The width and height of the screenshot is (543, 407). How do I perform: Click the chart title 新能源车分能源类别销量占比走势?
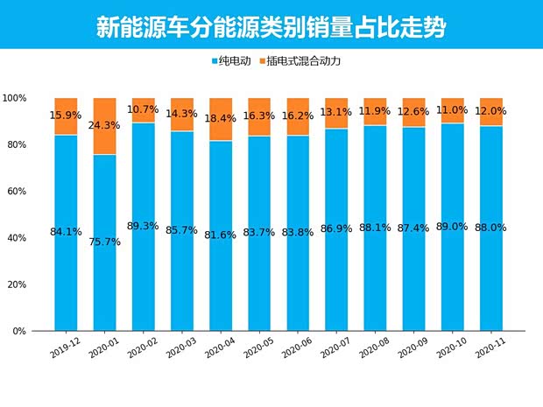(271, 27)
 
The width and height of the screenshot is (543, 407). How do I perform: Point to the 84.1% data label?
(66, 232)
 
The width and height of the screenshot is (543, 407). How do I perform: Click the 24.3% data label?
(104, 125)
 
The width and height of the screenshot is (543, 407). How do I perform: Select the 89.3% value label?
(143, 226)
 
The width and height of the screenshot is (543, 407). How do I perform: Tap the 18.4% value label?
(221, 117)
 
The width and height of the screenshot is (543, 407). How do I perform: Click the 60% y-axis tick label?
(18, 192)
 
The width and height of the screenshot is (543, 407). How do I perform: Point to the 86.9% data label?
(336, 228)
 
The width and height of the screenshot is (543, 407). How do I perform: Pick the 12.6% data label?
(414, 111)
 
